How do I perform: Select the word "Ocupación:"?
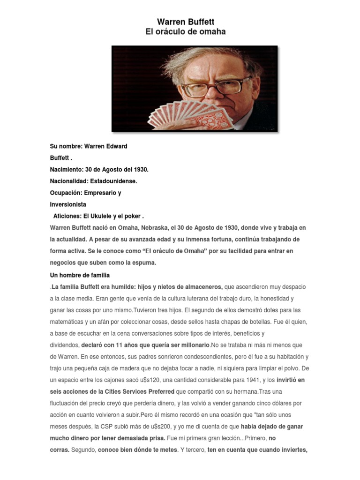[x=66, y=193]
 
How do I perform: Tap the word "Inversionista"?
[x=68, y=204]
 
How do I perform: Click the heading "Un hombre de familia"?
[x=80, y=275]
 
